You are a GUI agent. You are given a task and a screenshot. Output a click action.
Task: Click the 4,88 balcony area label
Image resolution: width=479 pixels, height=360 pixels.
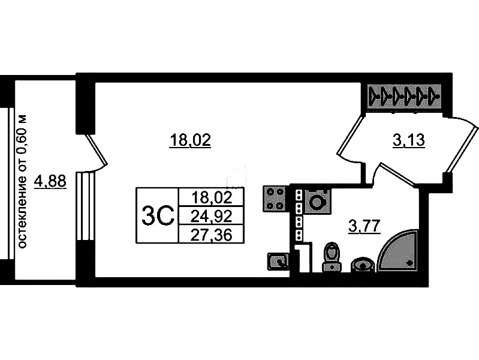coord(50,182)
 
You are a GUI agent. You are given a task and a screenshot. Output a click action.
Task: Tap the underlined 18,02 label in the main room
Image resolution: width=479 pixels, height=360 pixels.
coord(190,140)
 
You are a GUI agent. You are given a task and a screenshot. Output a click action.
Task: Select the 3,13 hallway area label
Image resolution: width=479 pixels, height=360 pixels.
coord(408,140)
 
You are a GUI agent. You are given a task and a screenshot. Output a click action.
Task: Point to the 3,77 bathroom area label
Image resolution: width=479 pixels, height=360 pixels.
coord(364,227)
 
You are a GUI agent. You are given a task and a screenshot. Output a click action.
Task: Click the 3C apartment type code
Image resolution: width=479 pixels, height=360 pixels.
coord(158,215)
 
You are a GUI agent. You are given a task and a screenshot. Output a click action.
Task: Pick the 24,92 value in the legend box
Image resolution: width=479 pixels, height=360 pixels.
coord(211,216)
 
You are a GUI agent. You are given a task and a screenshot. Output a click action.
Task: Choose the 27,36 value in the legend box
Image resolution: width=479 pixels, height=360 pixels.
coord(211,235)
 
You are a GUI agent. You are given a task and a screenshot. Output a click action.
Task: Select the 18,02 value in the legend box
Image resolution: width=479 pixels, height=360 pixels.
coord(212,197)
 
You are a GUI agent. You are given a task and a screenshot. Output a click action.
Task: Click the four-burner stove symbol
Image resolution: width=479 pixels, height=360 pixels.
coord(275,199)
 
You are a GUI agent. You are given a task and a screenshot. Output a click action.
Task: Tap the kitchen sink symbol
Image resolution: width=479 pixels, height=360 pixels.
coord(278,262)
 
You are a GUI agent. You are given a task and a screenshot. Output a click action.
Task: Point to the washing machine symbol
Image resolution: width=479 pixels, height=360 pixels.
coord(317,201)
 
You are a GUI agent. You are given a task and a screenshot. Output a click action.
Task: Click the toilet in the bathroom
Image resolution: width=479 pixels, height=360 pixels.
coord(332,257)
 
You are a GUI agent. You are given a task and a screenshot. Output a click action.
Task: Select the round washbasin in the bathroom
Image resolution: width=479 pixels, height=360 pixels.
coord(363,264)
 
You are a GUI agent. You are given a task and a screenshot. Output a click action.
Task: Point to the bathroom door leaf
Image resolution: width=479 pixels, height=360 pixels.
coord(398,175)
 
